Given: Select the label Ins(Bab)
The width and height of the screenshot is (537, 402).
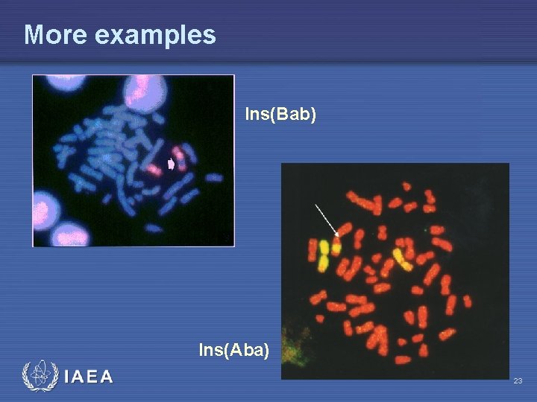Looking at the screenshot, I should coord(280,115).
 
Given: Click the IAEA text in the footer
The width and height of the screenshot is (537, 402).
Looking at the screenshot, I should coord(89,377).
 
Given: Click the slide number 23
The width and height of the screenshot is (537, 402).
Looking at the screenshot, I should coord(518,381).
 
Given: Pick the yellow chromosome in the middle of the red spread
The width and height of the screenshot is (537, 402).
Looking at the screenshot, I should coord(403,258).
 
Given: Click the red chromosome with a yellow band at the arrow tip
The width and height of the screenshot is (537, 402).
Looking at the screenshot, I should coord(337,244).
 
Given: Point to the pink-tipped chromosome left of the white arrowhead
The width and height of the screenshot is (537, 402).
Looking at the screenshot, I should coord(155,168).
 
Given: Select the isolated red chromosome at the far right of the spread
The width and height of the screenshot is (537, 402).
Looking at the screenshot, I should coord(468,301).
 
